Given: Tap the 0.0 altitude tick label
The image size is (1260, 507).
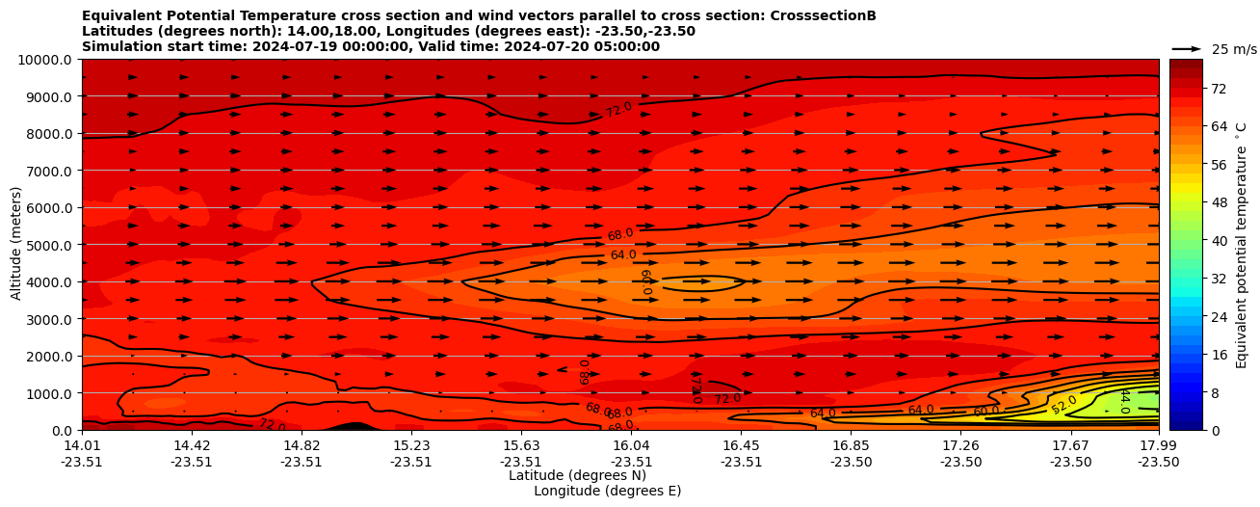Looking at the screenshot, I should (63, 431).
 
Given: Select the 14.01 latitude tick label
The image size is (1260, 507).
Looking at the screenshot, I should (82, 445).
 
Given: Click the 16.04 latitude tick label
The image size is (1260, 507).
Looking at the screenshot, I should (631, 445).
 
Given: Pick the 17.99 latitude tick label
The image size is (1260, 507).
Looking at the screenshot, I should (1158, 445).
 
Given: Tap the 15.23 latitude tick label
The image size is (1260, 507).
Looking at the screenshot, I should (411, 445).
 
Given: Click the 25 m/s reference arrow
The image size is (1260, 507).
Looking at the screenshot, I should (1187, 49).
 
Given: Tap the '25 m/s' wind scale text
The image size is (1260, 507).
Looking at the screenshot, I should (1233, 49).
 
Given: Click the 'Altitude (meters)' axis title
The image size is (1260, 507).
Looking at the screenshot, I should (16, 245).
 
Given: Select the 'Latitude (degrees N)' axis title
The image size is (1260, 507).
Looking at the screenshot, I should (577, 475).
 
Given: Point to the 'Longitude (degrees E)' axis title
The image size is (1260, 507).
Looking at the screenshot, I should (607, 491).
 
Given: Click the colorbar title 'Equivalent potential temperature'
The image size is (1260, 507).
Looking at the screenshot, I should (1242, 245).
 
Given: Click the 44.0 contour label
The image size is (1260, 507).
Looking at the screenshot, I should (1123, 400).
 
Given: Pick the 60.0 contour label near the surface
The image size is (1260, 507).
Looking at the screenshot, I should (985, 411).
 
